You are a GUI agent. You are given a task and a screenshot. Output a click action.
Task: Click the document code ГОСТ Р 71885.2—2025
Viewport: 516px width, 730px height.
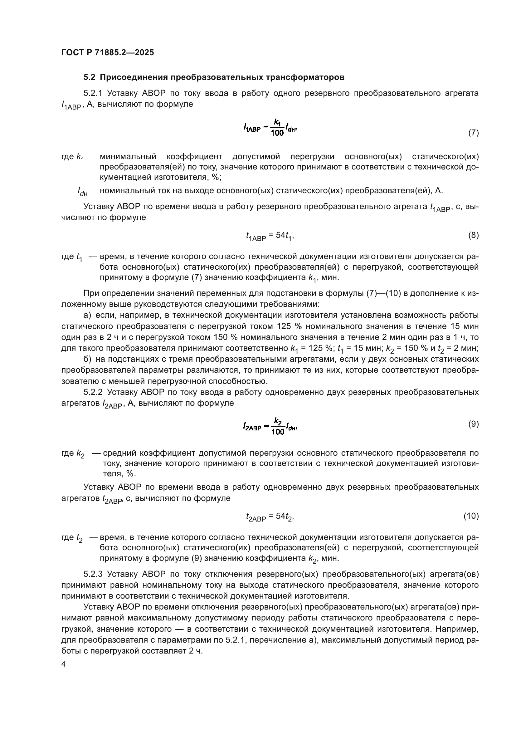click(107, 52)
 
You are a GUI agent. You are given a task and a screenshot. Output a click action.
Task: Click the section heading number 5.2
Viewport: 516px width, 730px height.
click(89, 77)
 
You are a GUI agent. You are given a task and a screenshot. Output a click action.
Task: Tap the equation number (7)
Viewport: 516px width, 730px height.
click(474, 133)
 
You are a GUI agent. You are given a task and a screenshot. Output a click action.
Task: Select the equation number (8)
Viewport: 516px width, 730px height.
click(474, 235)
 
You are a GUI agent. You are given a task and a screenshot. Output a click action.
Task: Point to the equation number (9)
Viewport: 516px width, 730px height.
click(474, 424)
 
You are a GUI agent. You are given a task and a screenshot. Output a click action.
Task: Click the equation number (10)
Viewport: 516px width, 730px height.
click(471, 516)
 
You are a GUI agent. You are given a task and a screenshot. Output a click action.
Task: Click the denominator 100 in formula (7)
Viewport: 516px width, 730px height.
click(277, 133)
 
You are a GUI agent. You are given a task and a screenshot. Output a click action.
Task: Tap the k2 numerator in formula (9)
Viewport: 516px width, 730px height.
click(278, 422)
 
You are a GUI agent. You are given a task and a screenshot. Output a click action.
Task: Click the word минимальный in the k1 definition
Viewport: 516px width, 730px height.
click(128, 156)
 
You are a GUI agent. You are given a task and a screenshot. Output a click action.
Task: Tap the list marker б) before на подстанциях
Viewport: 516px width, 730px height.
click(87, 359)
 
